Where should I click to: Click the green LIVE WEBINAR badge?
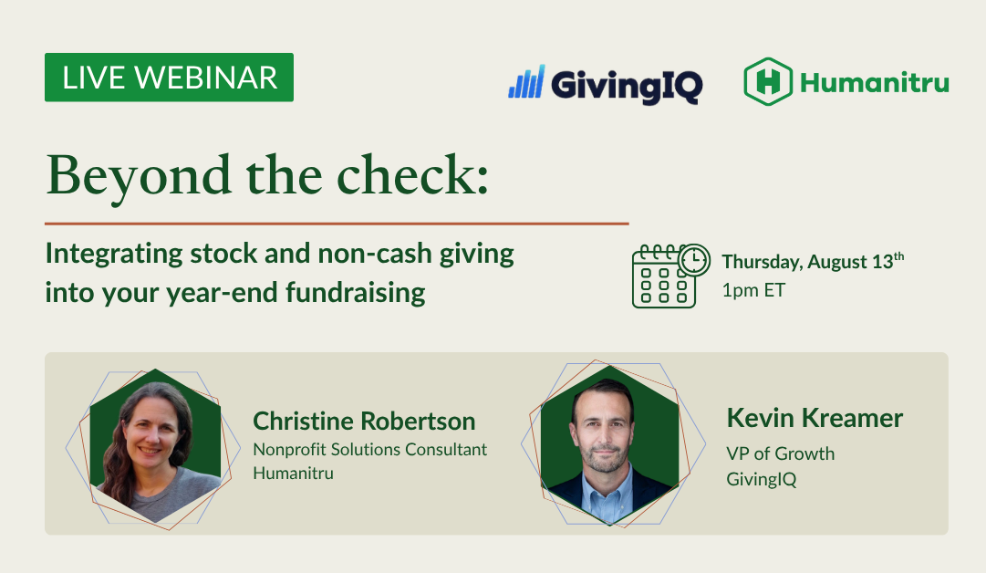tap(169, 78)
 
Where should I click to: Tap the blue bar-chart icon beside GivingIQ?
tap(526, 82)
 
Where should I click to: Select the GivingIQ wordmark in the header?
tap(627, 85)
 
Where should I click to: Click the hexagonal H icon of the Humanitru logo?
tap(768, 81)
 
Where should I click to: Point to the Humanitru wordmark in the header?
tap(875, 82)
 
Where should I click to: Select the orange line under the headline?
tap(337, 224)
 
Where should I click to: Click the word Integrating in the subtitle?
tap(114, 255)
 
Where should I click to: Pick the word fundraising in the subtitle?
tap(356, 293)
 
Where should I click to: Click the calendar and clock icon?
tap(671, 276)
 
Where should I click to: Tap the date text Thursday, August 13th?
tap(813, 260)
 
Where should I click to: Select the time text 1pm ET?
tap(753, 290)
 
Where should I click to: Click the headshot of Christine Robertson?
tap(155, 445)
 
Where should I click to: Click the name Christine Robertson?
tap(364, 422)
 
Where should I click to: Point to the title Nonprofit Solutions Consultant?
tap(369, 450)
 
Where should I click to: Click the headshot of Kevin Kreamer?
tap(609, 444)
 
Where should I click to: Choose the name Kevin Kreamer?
tap(815, 418)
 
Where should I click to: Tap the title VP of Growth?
tap(781, 453)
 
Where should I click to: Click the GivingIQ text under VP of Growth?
tap(762, 479)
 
